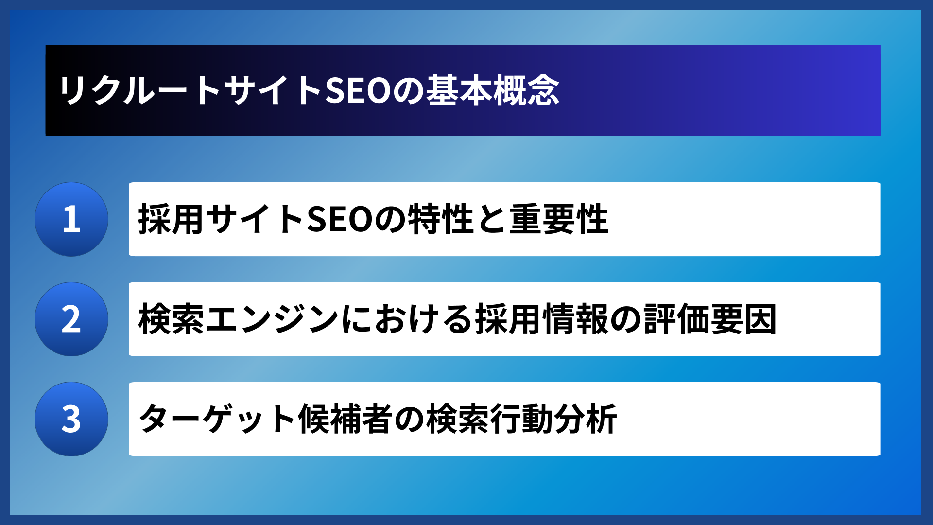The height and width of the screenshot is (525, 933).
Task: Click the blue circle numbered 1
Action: tap(71, 219)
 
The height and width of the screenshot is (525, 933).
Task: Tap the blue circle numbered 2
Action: tap(71, 319)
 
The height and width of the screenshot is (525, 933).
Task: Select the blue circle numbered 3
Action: tap(71, 419)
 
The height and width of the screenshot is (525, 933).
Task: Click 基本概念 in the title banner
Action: tap(493, 91)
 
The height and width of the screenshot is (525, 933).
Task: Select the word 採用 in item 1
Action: tap(171, 219)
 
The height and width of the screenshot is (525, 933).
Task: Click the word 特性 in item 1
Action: tap(440, 219)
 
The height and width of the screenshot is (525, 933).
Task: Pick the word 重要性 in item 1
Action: tap(559, 219)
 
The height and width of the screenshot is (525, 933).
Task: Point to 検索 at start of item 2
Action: tap(171, 319)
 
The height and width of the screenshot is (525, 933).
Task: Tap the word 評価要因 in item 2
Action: tap(710, 319)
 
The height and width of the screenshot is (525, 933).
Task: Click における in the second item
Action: tap(406, 319)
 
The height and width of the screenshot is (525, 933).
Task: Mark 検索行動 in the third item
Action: tap(489, 419)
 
